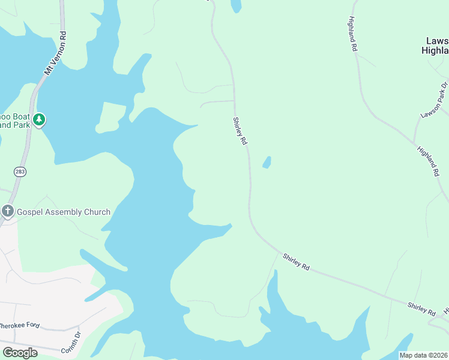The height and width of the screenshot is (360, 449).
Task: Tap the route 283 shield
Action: tap(20, 172)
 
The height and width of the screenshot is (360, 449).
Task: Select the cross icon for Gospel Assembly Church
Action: tap(7, 211)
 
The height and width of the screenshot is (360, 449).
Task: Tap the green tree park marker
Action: tap(39, 119)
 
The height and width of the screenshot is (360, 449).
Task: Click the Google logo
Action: tap(20, 352)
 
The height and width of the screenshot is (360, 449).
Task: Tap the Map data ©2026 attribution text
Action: tap(423, 355)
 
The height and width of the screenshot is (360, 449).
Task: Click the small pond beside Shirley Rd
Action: tap(266, 163)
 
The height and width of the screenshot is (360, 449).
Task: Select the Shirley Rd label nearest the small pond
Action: tap(240, 131)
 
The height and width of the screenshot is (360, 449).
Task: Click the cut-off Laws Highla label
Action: tap(436, 46)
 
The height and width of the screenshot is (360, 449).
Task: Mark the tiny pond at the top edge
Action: tap(236, 5)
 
